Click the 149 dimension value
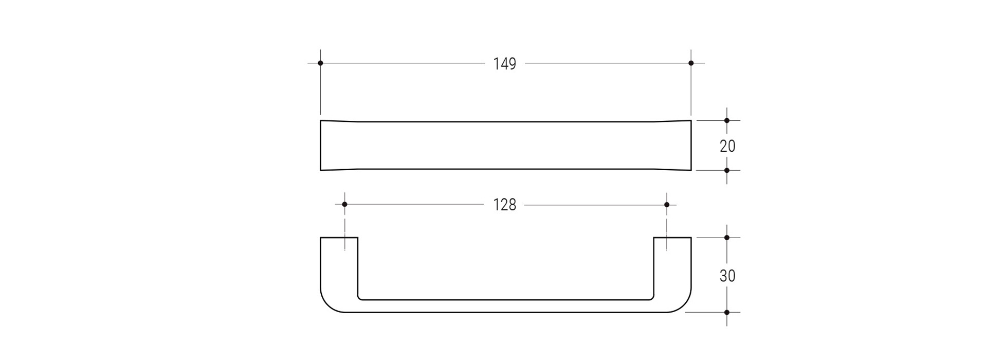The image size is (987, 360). click(x=504, y=64)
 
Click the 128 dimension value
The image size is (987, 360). click(x=504, y=205)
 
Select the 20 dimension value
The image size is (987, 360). click(x=727, y=147)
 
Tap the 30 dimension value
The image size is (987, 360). click(x=727, y=276)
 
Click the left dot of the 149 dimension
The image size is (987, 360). click(x=320, y=63)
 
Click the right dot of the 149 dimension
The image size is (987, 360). click(x=691, y=63)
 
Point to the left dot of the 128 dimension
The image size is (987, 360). click(x=344, y=205)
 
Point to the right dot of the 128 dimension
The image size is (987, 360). click(x=667, y=205)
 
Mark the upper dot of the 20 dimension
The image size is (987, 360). click(x=727, y=120)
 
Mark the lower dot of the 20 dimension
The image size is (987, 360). click(x=727, y=170)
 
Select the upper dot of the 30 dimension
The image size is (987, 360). click(x=727, y=238)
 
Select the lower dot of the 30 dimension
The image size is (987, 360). click(x=727, y=312)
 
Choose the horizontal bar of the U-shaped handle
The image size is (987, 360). click(x=505, y=306)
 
